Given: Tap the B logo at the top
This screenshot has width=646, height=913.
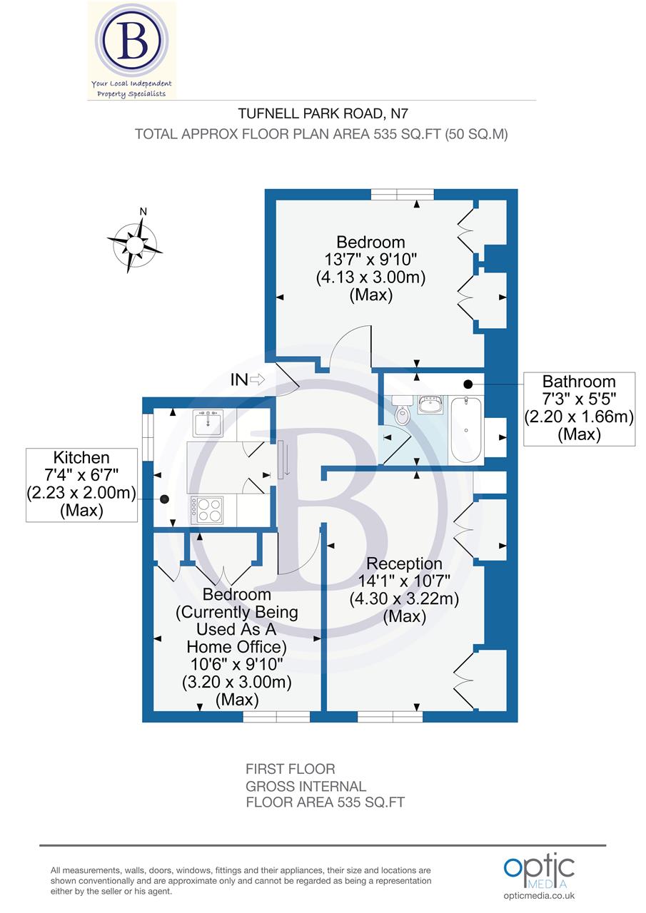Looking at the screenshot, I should tap(133, 42).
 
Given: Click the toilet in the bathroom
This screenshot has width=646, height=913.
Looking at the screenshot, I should tap(403, 414).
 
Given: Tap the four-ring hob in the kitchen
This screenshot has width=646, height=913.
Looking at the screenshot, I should tap(207, 510).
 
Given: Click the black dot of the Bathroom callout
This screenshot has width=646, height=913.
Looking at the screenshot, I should tap(468, 384).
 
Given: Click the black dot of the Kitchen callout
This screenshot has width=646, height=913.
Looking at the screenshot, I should tap(165, 500).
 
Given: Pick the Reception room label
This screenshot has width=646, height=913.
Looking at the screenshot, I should tap(404, 564).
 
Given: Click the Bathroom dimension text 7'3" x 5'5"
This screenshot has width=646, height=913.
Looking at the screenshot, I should tap(579, 399).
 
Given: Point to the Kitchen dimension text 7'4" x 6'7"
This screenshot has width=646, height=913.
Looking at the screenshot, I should tap(81, 475).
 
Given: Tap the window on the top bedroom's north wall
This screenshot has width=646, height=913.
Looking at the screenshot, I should tap(402, 194).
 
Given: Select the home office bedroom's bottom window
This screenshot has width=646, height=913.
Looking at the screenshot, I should tap(276, 717).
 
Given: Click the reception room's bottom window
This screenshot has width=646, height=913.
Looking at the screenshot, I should tap(390, 717).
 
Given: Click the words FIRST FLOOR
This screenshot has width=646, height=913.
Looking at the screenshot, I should tap(290, 769).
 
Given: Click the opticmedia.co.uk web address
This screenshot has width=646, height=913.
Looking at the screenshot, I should tap(539, 896).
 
